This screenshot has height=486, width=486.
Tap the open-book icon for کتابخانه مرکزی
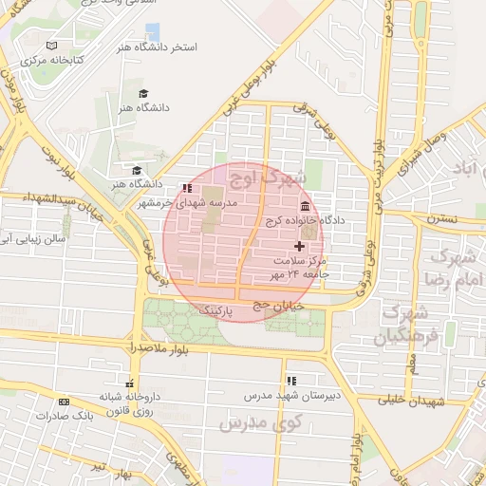pos(51,46)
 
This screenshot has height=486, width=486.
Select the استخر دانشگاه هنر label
pos(158,47)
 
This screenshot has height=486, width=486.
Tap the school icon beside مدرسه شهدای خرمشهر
pos(187,188)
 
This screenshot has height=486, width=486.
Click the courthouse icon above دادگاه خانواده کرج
pos(304,206)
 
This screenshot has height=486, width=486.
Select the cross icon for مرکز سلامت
pos(301,246)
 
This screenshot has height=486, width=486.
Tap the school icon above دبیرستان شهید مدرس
pos(290,379)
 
